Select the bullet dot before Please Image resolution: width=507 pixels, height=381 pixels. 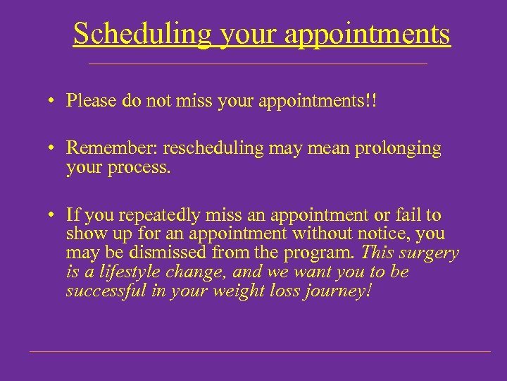53,102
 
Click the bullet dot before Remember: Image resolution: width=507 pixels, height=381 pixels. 53,150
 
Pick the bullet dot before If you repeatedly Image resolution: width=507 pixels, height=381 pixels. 53,216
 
